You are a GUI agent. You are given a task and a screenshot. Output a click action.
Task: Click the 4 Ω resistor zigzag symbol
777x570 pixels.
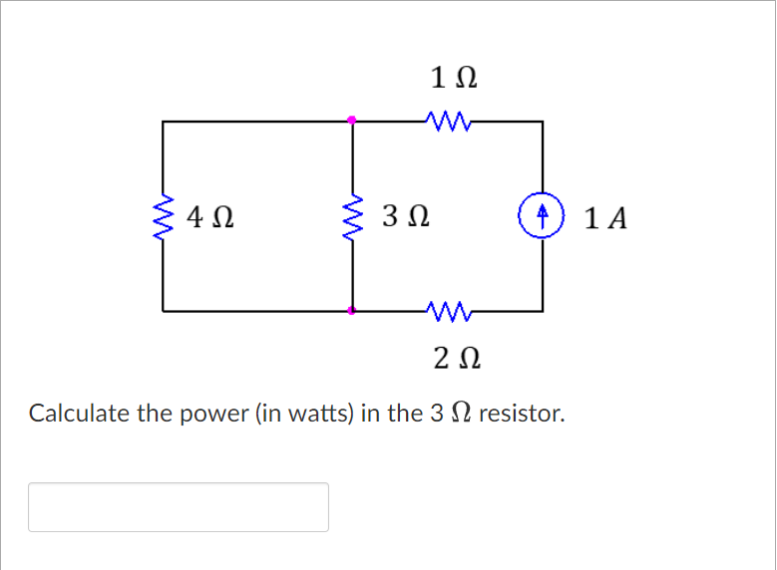pos(163,216)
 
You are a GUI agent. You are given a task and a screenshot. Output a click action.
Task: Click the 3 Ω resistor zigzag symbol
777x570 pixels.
pos(352,216)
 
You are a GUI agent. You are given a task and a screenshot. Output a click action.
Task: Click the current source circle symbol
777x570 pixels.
pos(543,215)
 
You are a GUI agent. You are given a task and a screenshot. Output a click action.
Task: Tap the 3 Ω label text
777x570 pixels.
pos(405,216)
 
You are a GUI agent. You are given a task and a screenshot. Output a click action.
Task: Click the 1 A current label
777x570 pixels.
pos(606,217)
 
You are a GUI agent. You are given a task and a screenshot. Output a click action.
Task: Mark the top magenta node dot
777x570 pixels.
pos(352,121)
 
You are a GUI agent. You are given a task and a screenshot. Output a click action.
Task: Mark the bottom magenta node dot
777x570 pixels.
pos(352,311)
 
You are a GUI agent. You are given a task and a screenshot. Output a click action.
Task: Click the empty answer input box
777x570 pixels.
pos(179,506)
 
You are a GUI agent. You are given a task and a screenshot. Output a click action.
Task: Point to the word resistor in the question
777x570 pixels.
pos(522,414)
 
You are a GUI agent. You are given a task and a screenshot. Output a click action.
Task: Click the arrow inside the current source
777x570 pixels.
pos(543,213)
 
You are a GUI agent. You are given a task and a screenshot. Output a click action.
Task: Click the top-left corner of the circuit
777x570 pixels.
pos(163,122)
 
